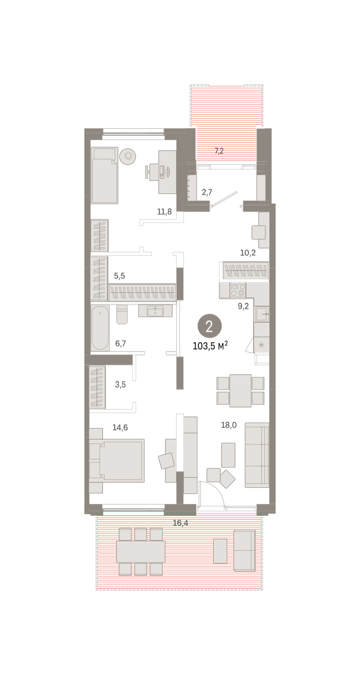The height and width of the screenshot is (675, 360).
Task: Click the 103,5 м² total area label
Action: click(x=210, y=345)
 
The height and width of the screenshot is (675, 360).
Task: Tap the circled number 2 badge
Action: click(x=210, y=326)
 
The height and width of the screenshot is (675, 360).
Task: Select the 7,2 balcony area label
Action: click(x=219, y=151)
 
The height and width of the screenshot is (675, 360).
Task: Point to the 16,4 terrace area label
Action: click(x=181, y=523)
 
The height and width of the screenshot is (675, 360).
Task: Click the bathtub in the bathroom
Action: click(x=100, y=328)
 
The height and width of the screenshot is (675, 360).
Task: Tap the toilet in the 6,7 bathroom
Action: click(x=122, y=314)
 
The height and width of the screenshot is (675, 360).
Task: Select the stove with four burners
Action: click(x=238, y=290)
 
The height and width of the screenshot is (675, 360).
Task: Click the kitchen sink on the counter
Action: click(x=262, y=314)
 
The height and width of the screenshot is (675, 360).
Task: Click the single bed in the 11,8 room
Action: click(x=104, y=175)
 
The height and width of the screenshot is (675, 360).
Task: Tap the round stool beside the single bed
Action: click(x=128, y=156)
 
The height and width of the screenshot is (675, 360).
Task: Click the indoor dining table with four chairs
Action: click(x=240, y=390)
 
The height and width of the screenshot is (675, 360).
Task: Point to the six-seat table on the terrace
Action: click(x=141, y=552)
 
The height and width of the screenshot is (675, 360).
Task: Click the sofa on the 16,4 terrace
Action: click(x=245, y=551)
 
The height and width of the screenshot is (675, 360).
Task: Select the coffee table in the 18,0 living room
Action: click(x=228, y=455)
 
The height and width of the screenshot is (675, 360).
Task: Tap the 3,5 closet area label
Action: click(x=120, y=385)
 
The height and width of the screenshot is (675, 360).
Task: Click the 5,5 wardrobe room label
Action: click(x=119, y=276)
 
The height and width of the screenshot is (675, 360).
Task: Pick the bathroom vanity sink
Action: click(x=155, y=310)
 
